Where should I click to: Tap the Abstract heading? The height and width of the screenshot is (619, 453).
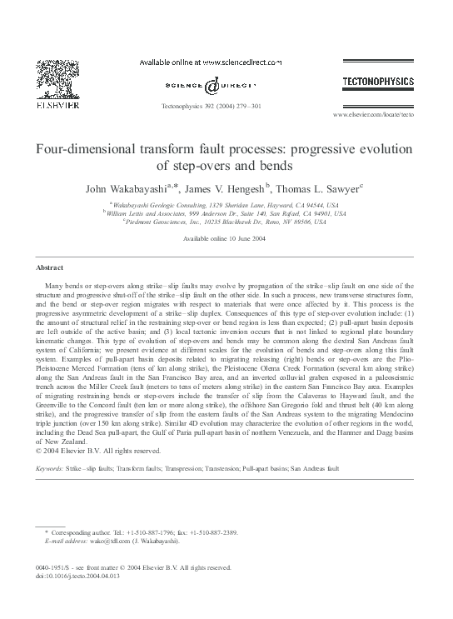pos(49,267)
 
